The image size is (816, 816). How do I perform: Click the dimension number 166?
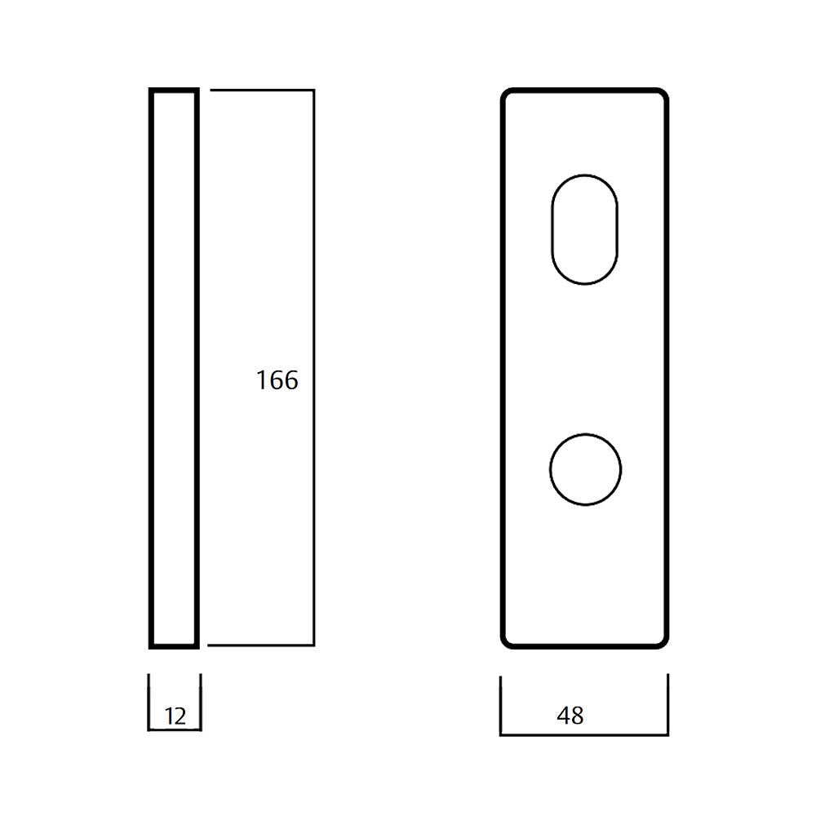(x=277, y=380)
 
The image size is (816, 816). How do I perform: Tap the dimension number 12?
(x=175, y=716)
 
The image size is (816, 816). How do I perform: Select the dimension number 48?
(x=570, y=716)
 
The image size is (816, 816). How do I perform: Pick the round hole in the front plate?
(x=550, y=469)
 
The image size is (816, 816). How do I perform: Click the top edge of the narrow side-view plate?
(x=174, y=90)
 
